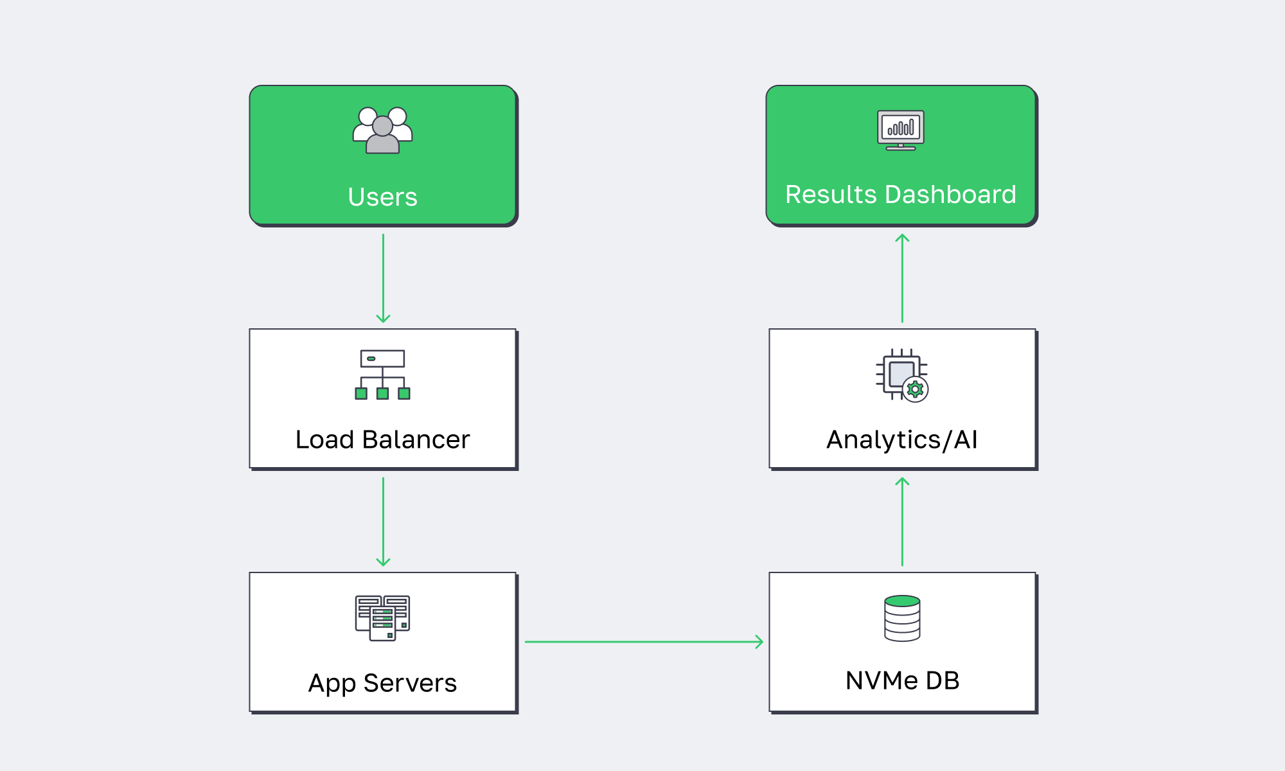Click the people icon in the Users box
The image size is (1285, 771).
(x=382, y=130)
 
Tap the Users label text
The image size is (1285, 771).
(x=382, y=197)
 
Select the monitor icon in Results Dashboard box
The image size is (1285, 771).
(x=901, y=130)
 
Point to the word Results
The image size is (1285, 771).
(x=831, y=194)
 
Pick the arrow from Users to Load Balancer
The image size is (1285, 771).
(x=383, y=278)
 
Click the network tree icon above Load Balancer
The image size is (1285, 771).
(x=382, y=375)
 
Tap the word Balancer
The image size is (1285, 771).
(x=416, y=439)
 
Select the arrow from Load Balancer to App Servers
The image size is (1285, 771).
(x=383, y=521)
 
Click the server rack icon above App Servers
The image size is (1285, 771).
(x=382, y=618)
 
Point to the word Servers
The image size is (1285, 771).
(x=410, y=683)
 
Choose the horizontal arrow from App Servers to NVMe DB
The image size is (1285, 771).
(x=642, y=641)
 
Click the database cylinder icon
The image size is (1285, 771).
(x=902, y=618)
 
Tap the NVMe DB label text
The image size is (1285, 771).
(x=902, y=680)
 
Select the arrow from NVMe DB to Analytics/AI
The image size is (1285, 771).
(x=902, y=522)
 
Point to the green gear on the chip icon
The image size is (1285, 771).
(x=915, y=389)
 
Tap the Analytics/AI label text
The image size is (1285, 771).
(x=902, y=440)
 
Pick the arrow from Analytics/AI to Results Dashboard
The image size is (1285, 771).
(x=902, y=278)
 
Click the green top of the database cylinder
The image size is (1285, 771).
(x=902, y=601)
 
